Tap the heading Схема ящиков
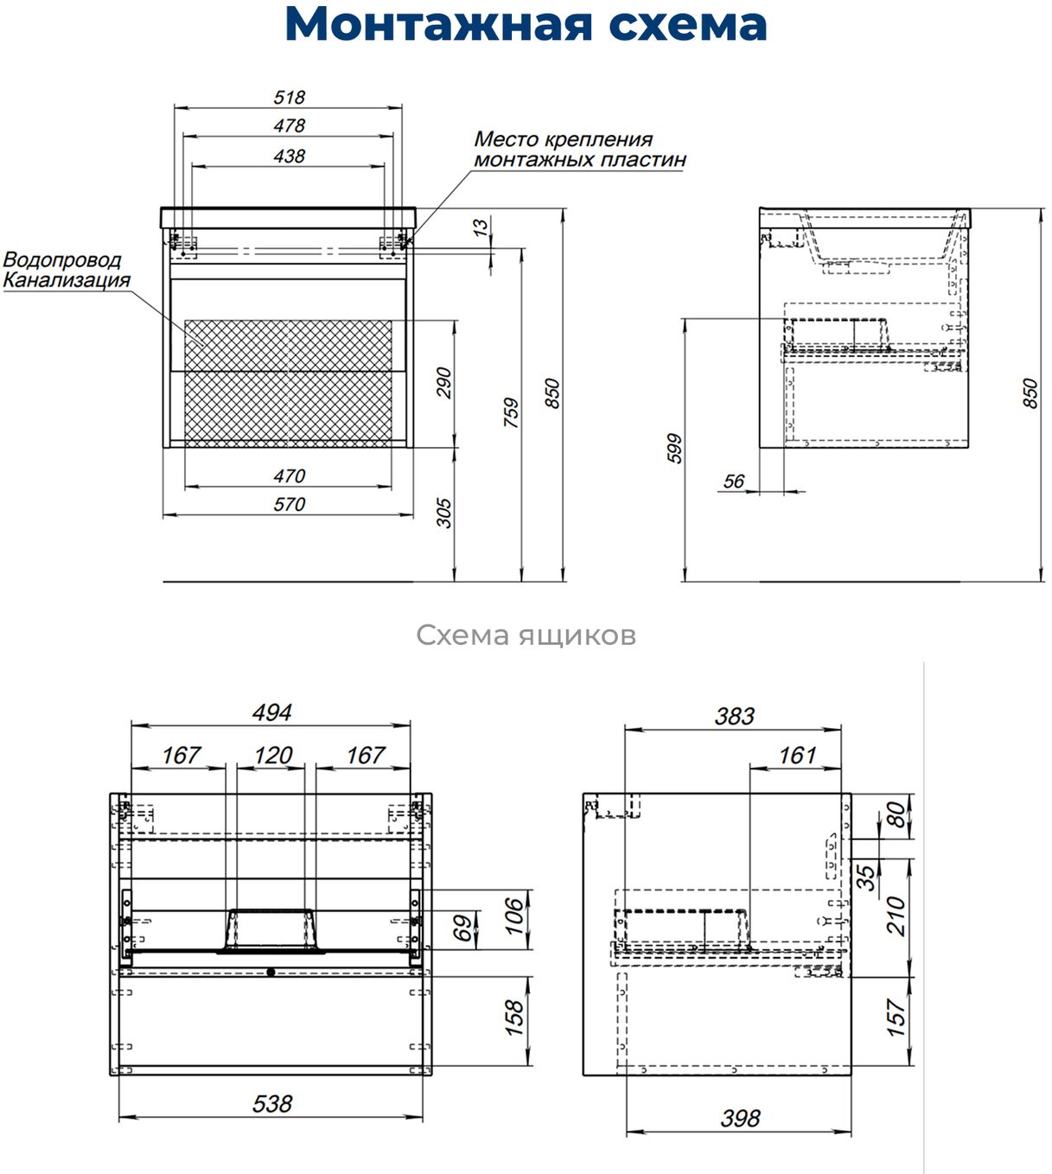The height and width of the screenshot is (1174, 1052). click(526, 635)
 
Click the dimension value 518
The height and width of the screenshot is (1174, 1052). click(290, 98)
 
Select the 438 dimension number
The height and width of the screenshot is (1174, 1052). click(290, 156)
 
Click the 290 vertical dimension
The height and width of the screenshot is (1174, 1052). click(443, 383)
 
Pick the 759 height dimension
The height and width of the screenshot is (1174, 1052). click(511, 412)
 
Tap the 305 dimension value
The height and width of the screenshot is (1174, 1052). click(443, 513)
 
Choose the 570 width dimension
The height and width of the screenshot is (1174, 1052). click(290, 504)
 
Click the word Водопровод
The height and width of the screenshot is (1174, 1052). click(62, 259)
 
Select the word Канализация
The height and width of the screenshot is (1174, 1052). click(67, 280)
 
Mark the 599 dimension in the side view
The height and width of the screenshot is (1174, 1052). click(674, 449)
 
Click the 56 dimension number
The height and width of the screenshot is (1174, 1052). click(733, 482)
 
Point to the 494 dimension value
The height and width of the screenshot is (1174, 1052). click(271, 712)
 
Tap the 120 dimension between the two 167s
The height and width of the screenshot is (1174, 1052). click(273, 755)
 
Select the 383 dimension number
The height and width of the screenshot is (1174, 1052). click(734, 716)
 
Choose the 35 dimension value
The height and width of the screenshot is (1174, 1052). click(865, 878)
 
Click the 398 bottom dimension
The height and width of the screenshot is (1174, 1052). click(740, 1119)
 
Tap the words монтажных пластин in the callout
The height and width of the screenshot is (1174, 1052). click(579, 160)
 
